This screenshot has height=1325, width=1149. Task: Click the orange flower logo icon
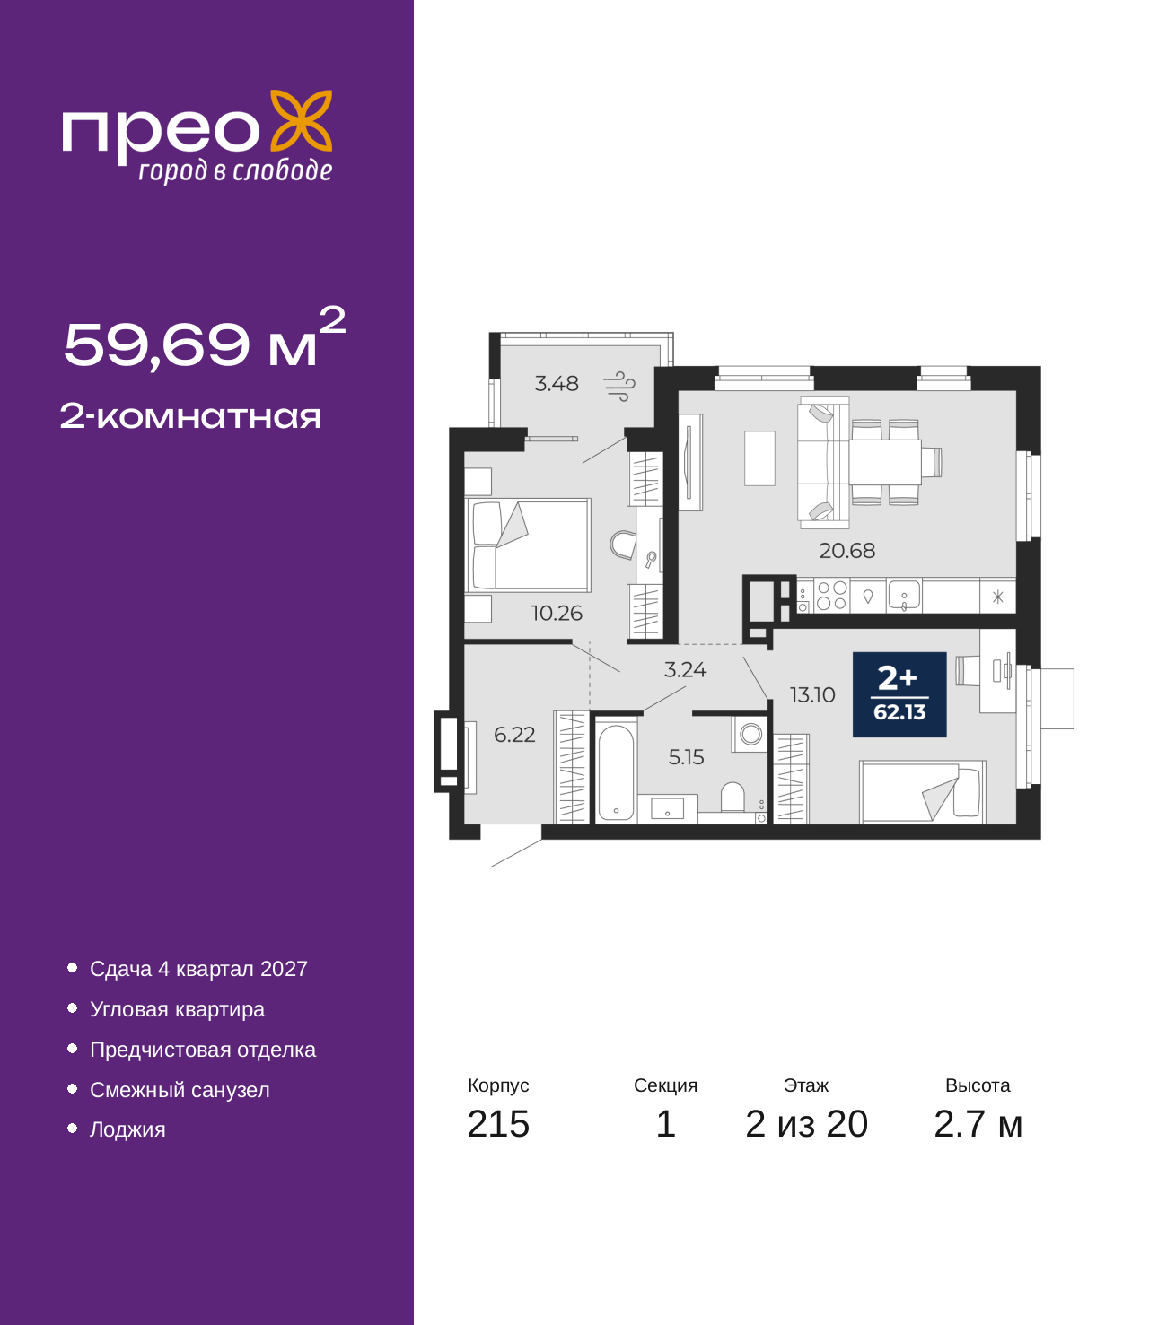click(x=301, y=120)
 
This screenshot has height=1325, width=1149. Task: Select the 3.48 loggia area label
click(x=557, y=383)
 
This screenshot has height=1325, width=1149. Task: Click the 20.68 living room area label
click(x=846, y=550)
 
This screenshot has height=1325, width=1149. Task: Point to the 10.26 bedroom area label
click(x=557, y=613)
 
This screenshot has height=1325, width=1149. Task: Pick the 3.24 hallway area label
click(x=685, y=669)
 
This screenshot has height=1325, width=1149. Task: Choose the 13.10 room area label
click(x=812, y=694)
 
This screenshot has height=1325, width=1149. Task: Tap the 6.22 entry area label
click(x=513, y=734)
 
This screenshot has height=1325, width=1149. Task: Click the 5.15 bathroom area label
click(x=686, y=757)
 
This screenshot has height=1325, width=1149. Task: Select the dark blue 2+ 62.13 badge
click(x=899, y=694)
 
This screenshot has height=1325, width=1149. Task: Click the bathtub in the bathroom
click(x=616, y=772)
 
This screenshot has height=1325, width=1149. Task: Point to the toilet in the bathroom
click(x=732, y=797)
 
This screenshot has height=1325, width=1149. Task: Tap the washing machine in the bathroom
click(x=750, y=733)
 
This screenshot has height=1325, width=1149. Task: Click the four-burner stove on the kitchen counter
click(x=831, y=596)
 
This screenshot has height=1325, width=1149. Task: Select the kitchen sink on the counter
click(x=904, y=595)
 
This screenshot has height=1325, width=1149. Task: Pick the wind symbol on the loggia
click(x=619, y=386)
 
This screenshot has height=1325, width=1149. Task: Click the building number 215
click(x=498, y=1123)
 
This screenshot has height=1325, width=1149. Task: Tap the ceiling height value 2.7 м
click(x=978, y=1124)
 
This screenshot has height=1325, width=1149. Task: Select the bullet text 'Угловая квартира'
click(x=177, y=1009)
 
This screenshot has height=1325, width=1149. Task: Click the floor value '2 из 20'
click(x=806, y=1123)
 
